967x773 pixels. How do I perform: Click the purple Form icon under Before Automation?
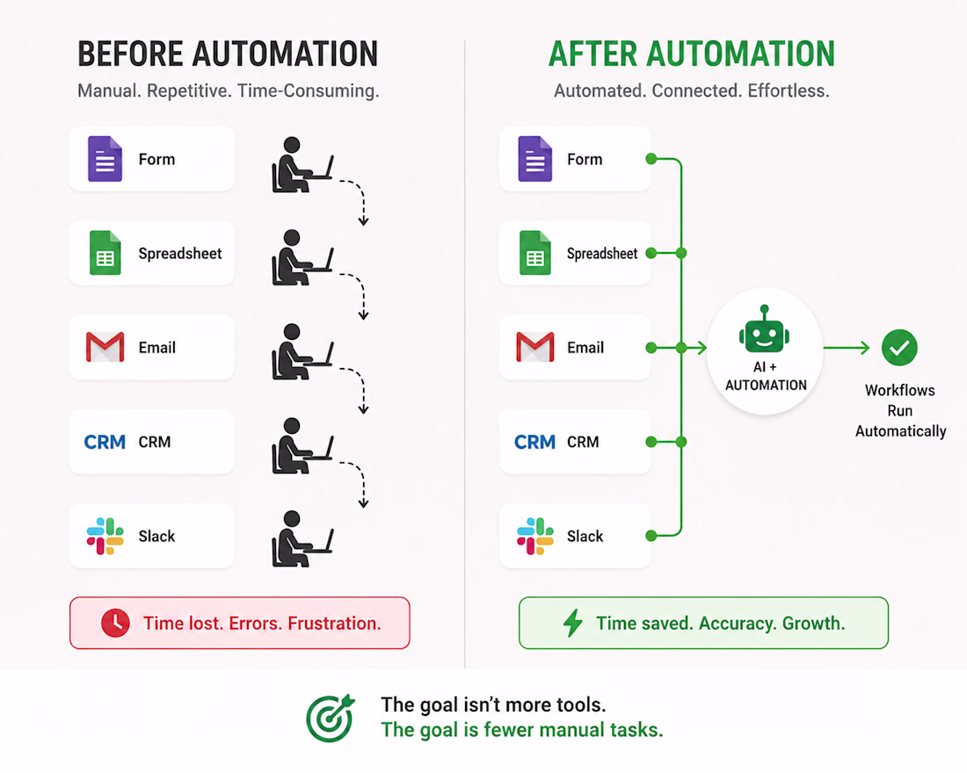(105, 159)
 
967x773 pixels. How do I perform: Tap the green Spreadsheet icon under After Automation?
(534, 253)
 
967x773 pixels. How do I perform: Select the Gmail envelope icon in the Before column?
(105, 347)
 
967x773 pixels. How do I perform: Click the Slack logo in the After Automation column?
(535, 537)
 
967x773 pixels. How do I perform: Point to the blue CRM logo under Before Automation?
(105, 442)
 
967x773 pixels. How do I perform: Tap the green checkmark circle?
(899, 348)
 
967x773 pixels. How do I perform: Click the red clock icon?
(115, 623)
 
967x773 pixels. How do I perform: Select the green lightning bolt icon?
(573, 623)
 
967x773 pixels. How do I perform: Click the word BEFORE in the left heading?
(130, 54)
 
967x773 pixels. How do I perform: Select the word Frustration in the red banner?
(334, 623)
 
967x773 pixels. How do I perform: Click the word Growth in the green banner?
(813, 623)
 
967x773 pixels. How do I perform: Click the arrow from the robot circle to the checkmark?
(846, 348)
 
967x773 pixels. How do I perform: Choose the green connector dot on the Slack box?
(651, 536)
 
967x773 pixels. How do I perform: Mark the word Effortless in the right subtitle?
(789, 91)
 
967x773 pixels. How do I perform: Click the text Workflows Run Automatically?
(900, 410)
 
